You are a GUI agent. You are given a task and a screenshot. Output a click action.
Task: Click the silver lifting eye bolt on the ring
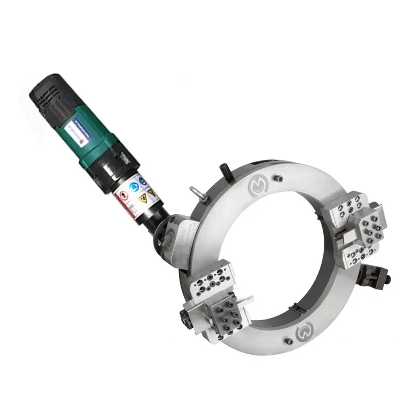pos(196,190)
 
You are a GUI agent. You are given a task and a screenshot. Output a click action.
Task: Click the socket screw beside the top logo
pos(281,179)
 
